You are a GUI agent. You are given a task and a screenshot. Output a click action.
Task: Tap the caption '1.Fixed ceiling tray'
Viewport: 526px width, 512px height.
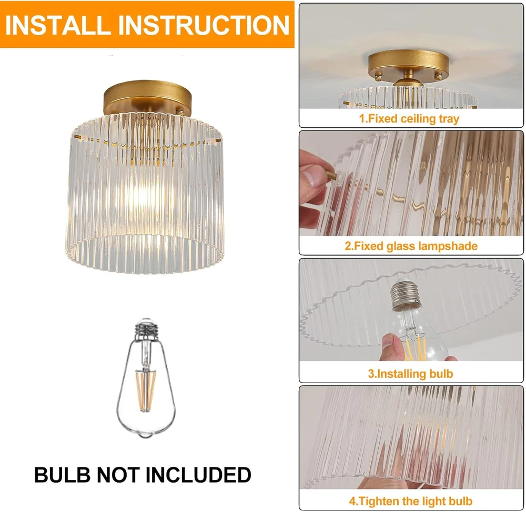(409, 119)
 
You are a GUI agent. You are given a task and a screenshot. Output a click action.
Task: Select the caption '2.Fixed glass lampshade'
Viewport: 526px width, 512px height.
(411, 246)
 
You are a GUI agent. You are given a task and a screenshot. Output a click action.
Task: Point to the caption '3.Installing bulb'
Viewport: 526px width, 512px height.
(411, 374)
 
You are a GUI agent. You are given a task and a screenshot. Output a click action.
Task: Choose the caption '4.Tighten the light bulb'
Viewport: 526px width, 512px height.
(411, 501)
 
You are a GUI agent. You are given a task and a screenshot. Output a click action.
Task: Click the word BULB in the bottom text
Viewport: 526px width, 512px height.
(63, 475)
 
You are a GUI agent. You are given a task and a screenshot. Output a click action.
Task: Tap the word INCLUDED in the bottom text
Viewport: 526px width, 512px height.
(198, 475)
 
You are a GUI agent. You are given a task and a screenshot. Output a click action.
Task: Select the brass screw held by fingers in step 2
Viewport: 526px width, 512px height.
(330, 175)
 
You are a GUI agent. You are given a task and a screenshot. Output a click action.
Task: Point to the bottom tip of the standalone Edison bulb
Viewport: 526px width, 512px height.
(146, 436)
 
